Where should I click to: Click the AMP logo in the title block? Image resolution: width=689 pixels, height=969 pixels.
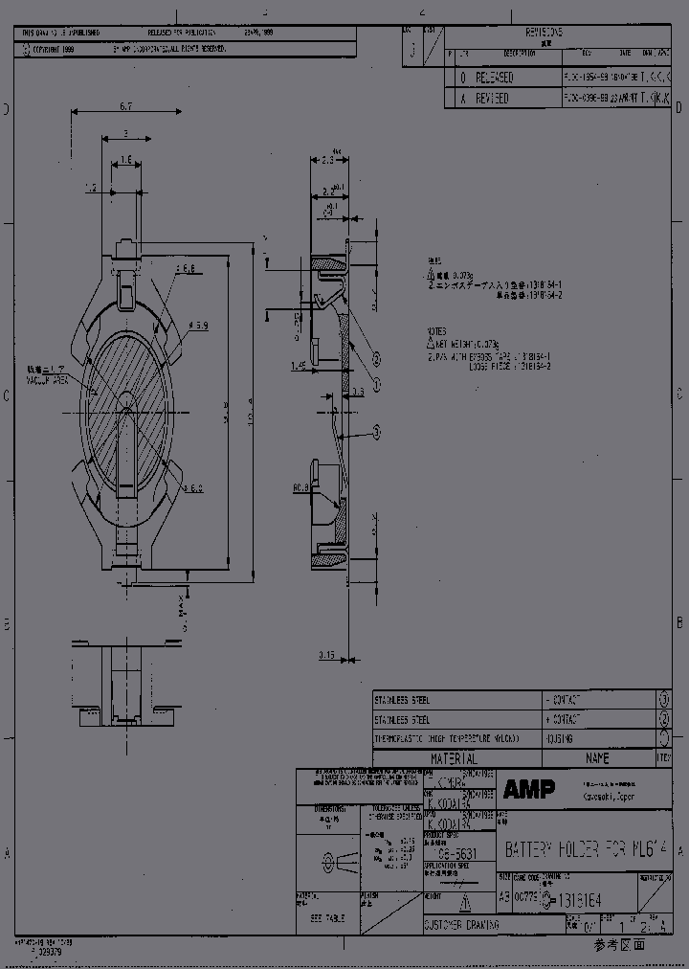click(528, 789)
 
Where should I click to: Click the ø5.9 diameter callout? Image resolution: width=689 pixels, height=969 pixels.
click(199, 327)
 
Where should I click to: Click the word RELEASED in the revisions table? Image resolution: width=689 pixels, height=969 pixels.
click(494, 78)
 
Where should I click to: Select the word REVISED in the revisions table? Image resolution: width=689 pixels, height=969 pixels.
click(492, 99)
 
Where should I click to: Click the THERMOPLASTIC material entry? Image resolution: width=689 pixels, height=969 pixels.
click(446, 738)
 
